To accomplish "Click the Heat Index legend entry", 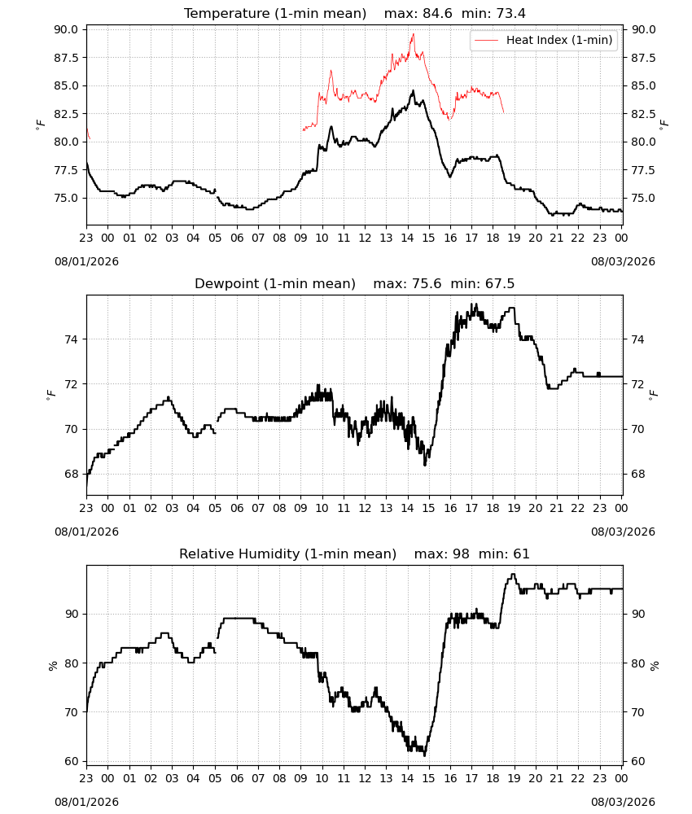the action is pyautogui.click(x=544, y=40).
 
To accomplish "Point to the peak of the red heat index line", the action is pyautogui.click(x=414, y=34).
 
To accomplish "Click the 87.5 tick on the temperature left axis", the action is pyautogui.click(x=67, y=58).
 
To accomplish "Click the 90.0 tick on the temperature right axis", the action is pyautogui.click(x=643, y=29).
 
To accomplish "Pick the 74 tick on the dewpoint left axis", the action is pyautogui.click(x=72, y=339).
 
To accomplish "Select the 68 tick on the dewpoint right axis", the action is pyautogui.click(x=637, y=474).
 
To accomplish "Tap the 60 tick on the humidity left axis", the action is pyautogui.click(x=72, y=762).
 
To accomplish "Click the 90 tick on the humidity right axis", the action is pyautogui.click(x=637, y=614).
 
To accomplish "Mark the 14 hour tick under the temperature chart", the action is pyautogui.click(x=408, y=238).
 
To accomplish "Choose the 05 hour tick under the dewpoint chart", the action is pyautogui.click(x=215, y=508).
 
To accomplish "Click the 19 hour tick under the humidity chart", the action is pyautogui.click(x=515, y=779).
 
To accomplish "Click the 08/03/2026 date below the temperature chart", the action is pyautogui.click(x=623, y=261).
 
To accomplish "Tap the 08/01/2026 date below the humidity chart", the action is pyautogui.click(x=86, y=802).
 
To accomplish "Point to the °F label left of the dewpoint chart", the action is pyautogui.click(x=50, y=396).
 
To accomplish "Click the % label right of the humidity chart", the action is pyautogui.click(x=654, y=666).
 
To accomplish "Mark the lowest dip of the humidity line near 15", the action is pyautogui.click(x=425, y=755).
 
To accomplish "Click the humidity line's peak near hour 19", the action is pyautogui.click(x=514, y=574).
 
